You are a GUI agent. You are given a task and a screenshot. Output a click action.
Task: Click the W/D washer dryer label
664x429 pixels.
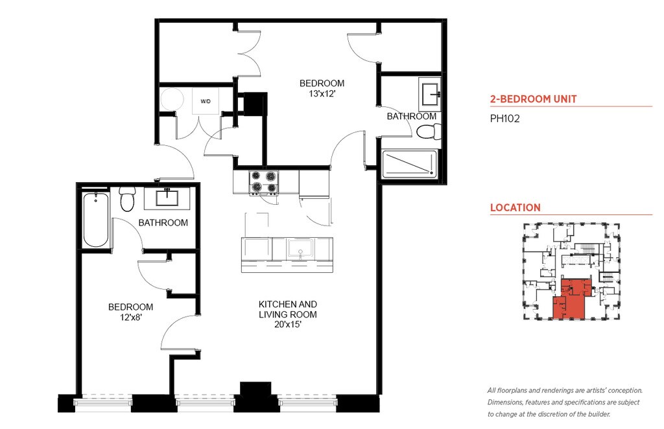tap(206, 102)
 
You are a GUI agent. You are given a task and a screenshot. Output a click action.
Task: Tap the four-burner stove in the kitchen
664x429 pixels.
tap(264, 182)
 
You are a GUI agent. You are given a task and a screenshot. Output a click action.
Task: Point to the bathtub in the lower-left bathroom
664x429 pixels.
tap(96, 220)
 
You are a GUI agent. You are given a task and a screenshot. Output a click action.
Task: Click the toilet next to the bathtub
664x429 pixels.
tap(127, 199)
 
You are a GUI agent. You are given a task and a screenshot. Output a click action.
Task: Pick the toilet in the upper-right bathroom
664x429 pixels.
tap(429, 132)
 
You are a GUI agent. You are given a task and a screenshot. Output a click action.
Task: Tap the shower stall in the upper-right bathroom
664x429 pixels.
tap(410, 164)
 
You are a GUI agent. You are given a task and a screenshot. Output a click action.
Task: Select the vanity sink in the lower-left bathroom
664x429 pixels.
tap(167, 198)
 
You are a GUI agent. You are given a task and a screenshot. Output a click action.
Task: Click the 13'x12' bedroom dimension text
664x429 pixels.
tap(322, 94)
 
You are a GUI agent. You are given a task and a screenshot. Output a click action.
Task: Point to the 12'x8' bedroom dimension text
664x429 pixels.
tap(130, 317)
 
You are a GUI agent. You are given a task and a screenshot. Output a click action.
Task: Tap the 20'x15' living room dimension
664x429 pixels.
tap(287, 325)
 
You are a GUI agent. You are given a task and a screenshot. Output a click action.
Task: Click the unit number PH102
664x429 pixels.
tap(504, 119)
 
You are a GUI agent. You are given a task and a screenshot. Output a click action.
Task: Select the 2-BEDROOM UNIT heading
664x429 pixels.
tap(533, 99)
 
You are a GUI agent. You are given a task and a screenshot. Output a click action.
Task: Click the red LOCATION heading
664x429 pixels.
tap(516, 208)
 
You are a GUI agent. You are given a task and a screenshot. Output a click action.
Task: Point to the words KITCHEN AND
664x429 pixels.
tap(287, 304)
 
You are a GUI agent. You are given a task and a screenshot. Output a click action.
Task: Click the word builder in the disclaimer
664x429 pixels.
tap(599, 414)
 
